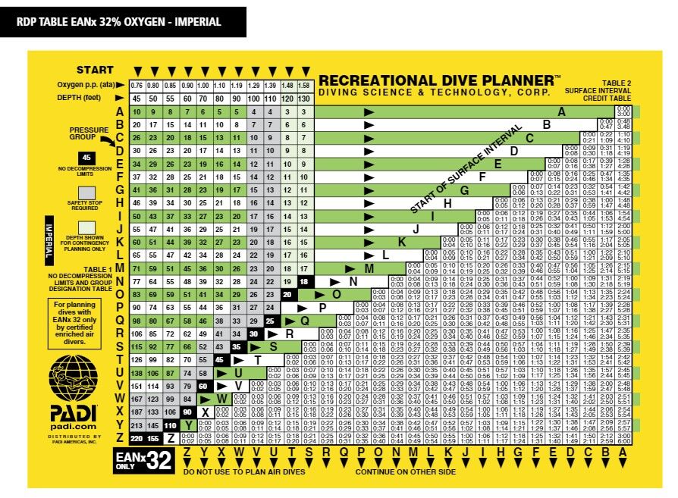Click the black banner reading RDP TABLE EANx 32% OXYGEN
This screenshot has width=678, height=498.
coord(122,21)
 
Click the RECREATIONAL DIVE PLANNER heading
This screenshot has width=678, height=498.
coord(440,80)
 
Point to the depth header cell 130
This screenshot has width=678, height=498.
coord(303,98)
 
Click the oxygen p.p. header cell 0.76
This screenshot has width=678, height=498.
coord(137,84)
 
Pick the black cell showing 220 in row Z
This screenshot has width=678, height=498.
coord(137,438)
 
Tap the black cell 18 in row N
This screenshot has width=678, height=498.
coord(303,281)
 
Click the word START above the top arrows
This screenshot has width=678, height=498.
coord(94,70)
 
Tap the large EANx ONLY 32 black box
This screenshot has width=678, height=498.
coord(145,459)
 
